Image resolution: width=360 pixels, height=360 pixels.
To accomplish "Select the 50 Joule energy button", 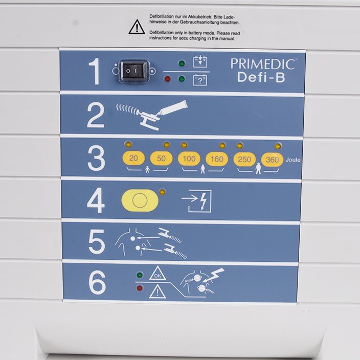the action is [x=161, y=158].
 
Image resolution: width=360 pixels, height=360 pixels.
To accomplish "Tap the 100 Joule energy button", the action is [x=189, y=159].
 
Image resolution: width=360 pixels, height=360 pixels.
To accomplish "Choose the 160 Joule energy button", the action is [x=217, y=159].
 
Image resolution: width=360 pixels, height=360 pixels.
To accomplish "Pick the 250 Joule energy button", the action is [x=244, y=160].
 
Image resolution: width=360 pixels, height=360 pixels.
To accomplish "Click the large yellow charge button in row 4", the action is [x=140, y=200].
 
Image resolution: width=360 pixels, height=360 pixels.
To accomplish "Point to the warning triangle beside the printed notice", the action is [x=137, y=27].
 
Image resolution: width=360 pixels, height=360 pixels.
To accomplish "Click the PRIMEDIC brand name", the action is [x=263, y=64].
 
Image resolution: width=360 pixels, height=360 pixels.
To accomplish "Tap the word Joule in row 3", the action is [x=293, y=160].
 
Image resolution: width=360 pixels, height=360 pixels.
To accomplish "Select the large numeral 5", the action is [x=97, y=241].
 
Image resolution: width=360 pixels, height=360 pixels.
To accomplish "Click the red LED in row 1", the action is [x=168, y=79].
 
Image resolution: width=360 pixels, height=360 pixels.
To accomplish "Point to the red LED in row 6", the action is [x=140, y=288].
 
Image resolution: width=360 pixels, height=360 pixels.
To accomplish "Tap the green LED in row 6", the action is [x=140, y=275].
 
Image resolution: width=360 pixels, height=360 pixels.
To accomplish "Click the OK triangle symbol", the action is [x=157, y=274].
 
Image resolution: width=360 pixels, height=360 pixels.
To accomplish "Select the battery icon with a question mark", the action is [x=200, y=80].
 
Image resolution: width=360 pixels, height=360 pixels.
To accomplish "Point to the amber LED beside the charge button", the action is [x=162, y=192].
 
